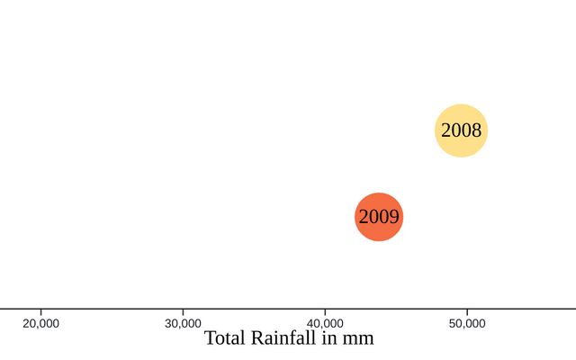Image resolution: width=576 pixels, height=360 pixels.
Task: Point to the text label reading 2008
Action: pos(461,131)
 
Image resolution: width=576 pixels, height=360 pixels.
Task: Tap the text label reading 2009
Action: pos(379,217)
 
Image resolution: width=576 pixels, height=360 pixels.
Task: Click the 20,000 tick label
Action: pos(40,324)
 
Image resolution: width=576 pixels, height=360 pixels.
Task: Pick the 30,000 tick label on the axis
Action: pos(184,324)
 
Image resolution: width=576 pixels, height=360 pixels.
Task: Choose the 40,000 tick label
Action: pos(325,324)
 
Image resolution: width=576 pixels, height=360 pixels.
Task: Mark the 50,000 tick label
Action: pos(467,324)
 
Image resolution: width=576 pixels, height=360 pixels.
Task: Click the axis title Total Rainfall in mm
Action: pos(289,338)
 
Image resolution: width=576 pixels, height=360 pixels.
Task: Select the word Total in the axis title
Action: pos(225,338)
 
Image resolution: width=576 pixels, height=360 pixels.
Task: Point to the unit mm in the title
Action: pos(360,340)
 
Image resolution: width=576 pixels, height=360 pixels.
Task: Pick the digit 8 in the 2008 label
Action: pos(477,131)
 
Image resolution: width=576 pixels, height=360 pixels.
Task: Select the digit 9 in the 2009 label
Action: pos(394,217)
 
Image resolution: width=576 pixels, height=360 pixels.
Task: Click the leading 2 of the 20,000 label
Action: pos(25,324)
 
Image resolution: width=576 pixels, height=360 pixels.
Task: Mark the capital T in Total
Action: pos(211,338)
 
